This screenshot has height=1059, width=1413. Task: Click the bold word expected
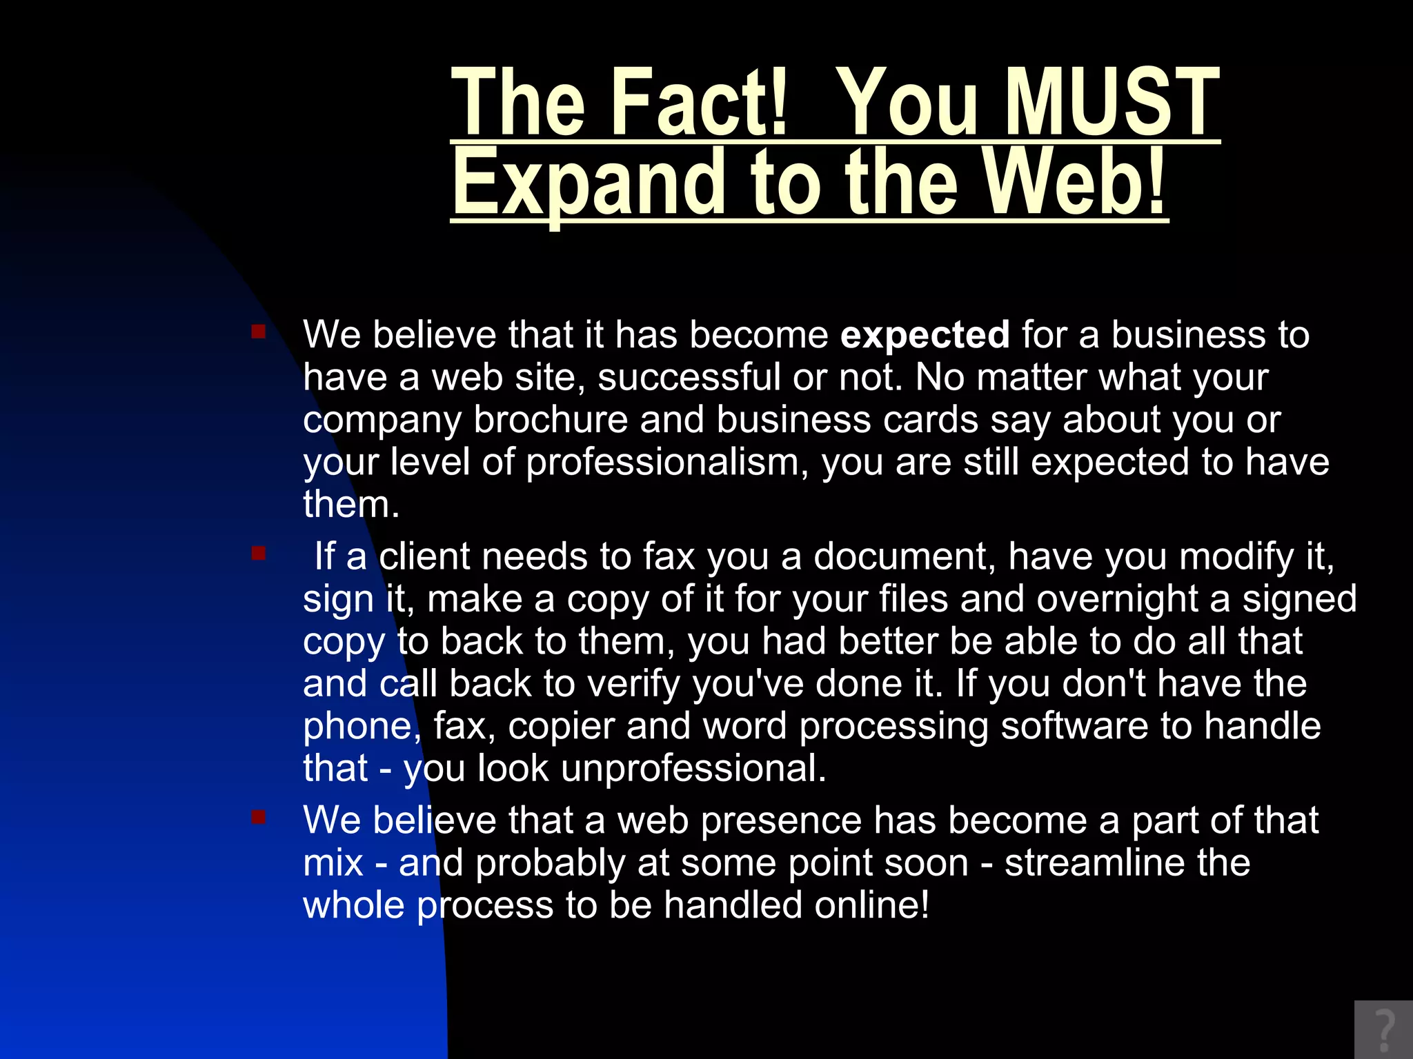[x=925, y=335]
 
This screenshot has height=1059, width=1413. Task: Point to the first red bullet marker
[x=259, y=332]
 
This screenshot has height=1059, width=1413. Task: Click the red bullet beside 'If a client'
[x=259, y=554]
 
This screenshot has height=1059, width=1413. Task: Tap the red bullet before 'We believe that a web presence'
[x=259, y=818]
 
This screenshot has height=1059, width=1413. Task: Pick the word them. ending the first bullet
[x=351, y=505]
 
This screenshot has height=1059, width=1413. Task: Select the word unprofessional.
[x=693, y=768]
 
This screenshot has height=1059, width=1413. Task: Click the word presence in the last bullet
[x=781, y=820]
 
